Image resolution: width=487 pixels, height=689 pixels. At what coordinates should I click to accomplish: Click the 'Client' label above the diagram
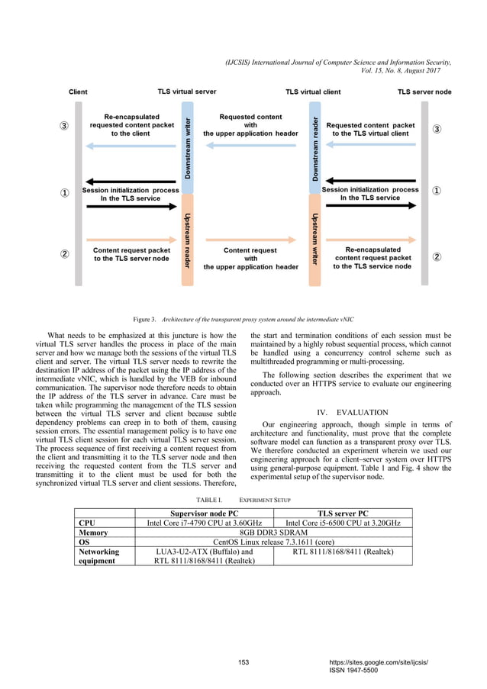78,92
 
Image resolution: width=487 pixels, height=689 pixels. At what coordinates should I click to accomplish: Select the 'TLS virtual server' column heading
186,92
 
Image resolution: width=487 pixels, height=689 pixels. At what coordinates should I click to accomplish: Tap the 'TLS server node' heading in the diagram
424,92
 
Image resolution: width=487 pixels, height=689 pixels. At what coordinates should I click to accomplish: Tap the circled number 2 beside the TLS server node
437,256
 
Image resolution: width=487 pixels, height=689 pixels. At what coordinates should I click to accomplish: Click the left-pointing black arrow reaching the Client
130,182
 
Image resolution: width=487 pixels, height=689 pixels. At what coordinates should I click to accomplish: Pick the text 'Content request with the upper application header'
250,258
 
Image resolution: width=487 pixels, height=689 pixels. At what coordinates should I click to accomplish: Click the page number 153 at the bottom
243,661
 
